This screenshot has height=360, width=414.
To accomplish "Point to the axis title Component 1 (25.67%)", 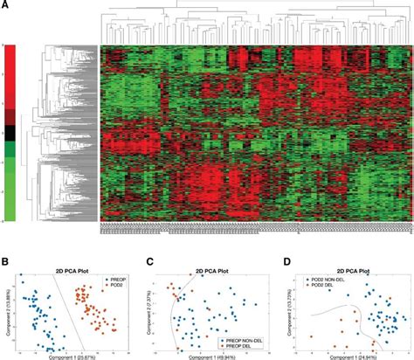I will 67,357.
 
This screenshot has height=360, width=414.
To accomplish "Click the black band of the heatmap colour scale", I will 10,133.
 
